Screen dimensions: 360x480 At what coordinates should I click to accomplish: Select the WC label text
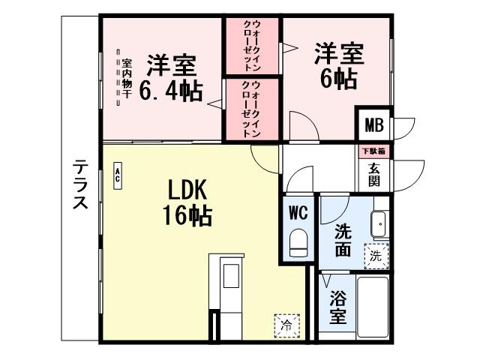[x=298, y=213]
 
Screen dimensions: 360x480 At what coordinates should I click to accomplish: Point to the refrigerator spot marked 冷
[x=286, y=325]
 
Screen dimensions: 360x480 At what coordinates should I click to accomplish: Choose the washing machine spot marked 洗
[x=375, y=255]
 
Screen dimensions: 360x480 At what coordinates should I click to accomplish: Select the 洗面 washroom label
[x=343, y=241]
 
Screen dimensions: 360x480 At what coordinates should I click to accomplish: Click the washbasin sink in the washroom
[x=379, y=223]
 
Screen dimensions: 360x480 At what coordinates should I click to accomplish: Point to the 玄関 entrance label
[x=373, y=175]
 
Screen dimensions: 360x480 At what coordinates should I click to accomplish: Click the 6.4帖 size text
[x=171, y=92]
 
